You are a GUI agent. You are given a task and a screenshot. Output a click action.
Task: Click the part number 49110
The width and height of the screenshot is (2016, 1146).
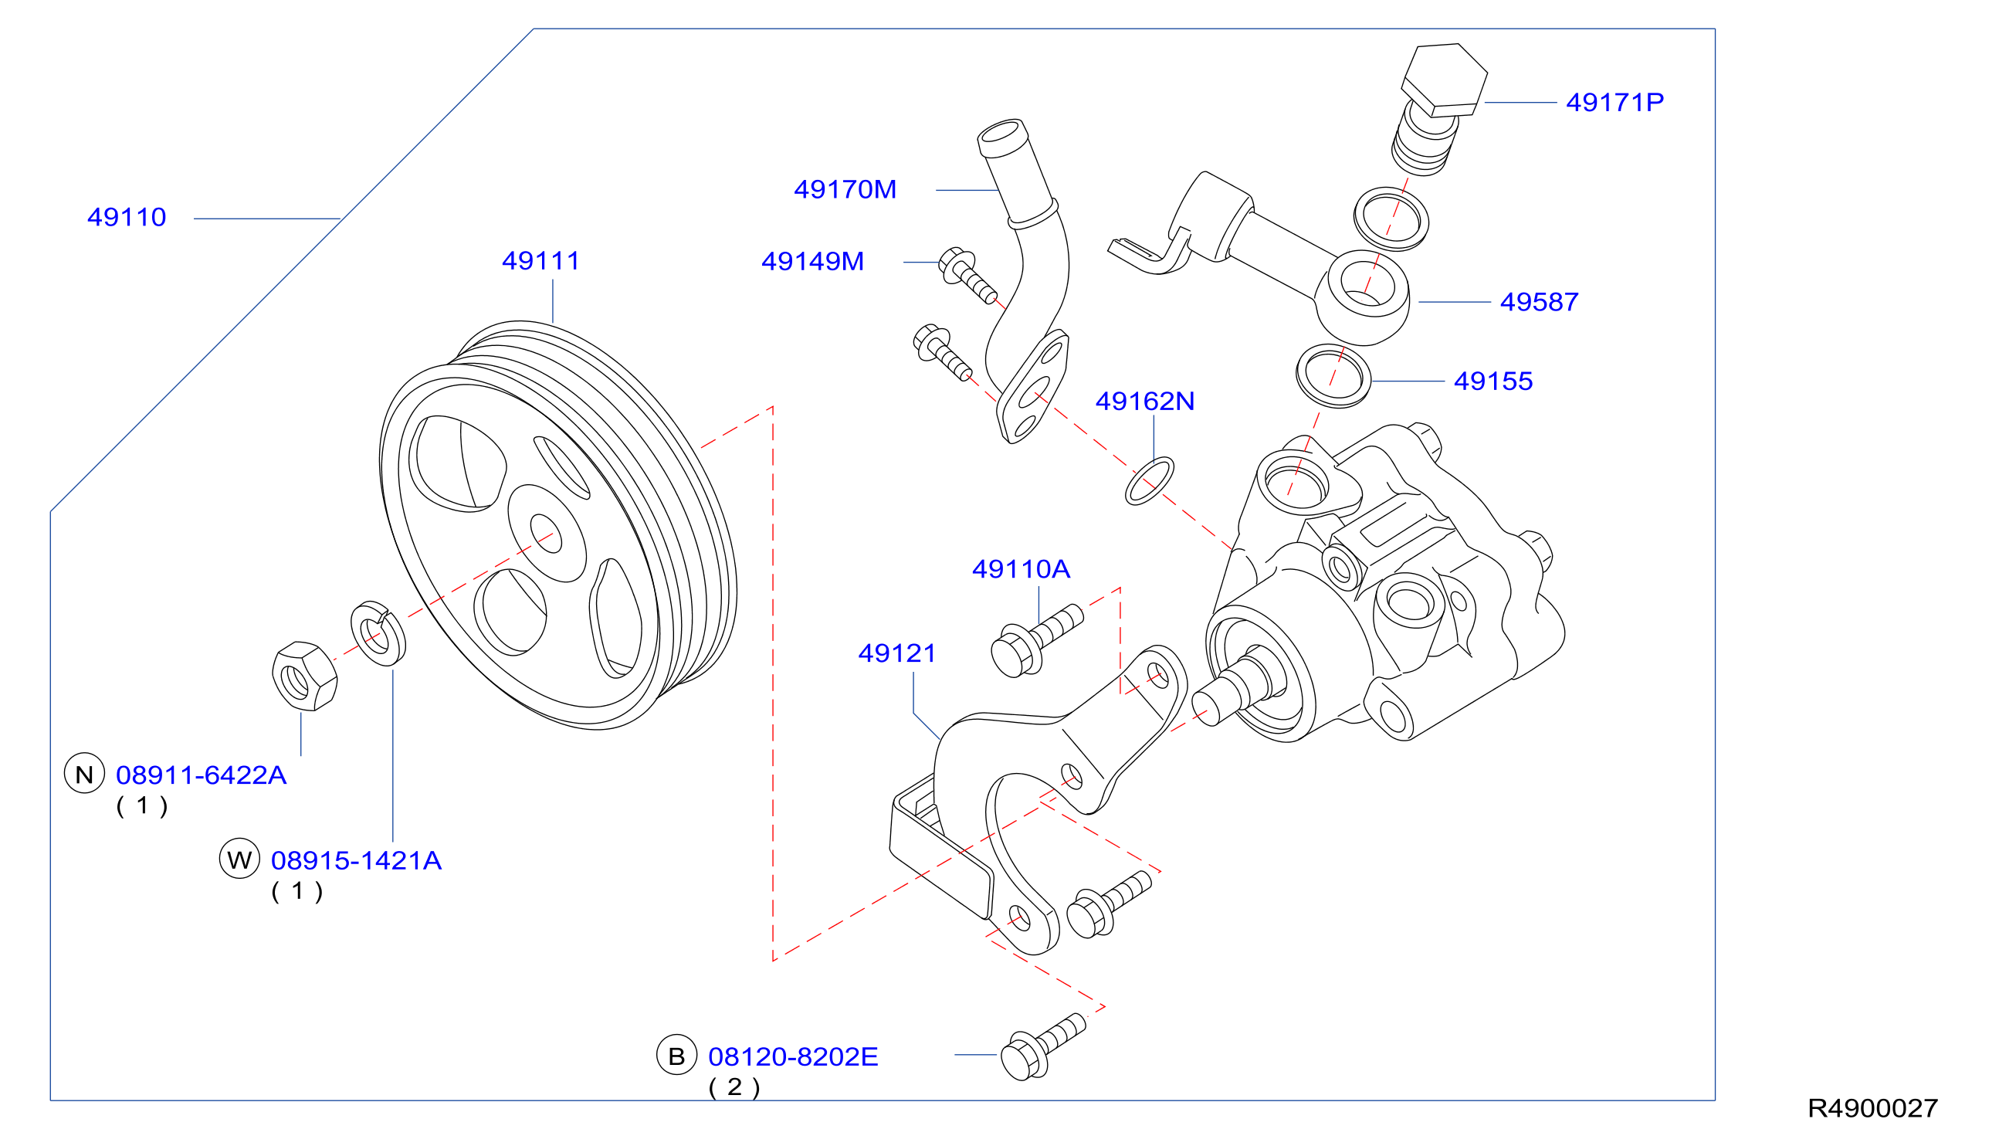pyautogui.click(x=127, y=217)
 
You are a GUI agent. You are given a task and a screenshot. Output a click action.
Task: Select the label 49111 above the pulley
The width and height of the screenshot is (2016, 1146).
pyautogui.click(x=540, y=260)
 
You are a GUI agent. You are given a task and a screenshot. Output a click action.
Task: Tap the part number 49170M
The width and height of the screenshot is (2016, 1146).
pyautogui.click(x=845, y=190)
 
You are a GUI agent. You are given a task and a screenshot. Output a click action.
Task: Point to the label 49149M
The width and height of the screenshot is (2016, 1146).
pyautogui.click(x=813, y=261)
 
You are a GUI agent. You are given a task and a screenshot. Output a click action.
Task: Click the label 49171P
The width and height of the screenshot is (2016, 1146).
pyautogui.click(x=1614, y=102)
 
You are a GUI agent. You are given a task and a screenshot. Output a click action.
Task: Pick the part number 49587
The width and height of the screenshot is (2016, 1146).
pyautogui.click(x=1539, y=302)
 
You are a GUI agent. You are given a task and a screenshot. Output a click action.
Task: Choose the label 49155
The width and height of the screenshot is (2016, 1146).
pyautogui.click(x=1493, y=381)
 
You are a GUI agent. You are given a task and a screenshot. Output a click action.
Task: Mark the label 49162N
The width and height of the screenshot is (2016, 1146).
pyautogui.click(x=1145, y=402)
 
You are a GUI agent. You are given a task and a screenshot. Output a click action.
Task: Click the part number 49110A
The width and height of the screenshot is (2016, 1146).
pyautogui.click(x=1022, y=569)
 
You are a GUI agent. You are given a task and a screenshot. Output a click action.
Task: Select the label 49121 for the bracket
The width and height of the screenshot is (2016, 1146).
pyautogui.click(x=897, y=653)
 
